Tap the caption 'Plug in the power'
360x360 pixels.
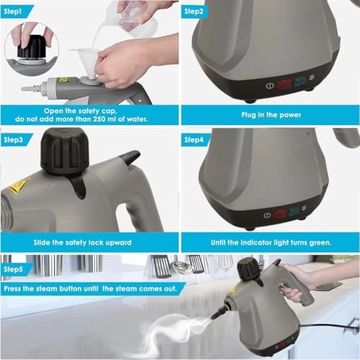[x=269, y=114]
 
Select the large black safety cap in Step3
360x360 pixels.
[x=65, y=150]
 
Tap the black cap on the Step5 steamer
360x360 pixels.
[x=249, y=268]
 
